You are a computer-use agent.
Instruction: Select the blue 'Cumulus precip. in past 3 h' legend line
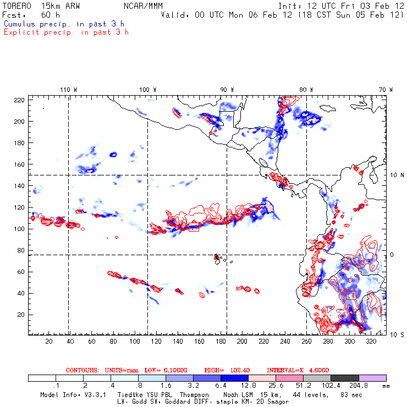pyautogui.click(x=64, y=24)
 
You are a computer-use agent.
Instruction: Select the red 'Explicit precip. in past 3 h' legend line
pyautogui.click(x=66, y=32)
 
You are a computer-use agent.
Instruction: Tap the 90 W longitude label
pyautogui.click(x=227, y=89)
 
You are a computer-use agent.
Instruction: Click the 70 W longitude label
pyautogui.click(x=386, y=89)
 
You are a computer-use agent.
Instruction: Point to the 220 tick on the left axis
pyautogui.click(x=20, y=100)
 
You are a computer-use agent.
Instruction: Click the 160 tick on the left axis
pyautogui.click(x=20, y=164)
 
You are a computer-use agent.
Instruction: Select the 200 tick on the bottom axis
pyautogui.click(x=242, y=342)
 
